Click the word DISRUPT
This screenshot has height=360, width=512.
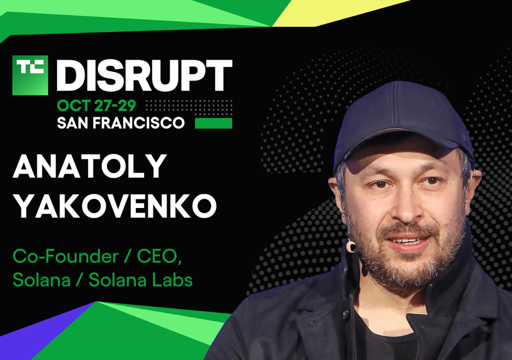click(x=145, y=75)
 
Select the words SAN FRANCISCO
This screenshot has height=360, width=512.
click(x=121, y=123)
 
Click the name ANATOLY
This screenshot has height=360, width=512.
click(x=89, y=167)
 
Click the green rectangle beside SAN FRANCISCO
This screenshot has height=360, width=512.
click(x=213, y=123)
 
